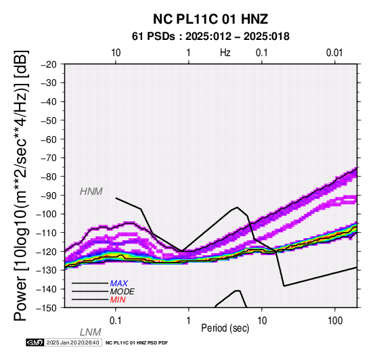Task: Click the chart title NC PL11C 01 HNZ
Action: pyautogui.click(x=211, y=19)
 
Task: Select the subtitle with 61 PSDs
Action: pyautogui.click(x=211, y=37)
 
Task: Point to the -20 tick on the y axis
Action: pyautogui.click(x=49, y=64)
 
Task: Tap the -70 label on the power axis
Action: pyautogui.click(x=49, y=158)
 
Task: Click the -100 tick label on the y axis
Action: pyautogui.click(x=47, y=214)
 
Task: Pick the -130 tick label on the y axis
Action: pyautogui.click(x=47, y=270)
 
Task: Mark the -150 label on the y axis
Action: pyautogui.click(x=47, y=308)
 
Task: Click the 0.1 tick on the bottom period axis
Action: pyautogui.click(x=115, y=321)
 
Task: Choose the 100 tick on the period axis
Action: pyautogui.click(x=335, y=321)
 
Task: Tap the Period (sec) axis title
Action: pyautogui.click(x=225, y=328)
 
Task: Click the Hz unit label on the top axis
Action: pyautogui.click(x=225, y=53)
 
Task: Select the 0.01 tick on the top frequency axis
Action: pyautogui.click(x=334, y=53)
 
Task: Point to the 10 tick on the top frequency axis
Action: pyautogui.click(x=116, y=53)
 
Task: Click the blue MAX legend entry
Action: pyautogui.click(x=118, y=284)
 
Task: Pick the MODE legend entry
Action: pyautogui.click(x=122, y=292)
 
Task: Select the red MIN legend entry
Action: pyautogui.click(x=118, y=300)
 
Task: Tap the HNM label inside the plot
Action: pyautogui.click(x=91, y=192)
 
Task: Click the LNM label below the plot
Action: pyautogui.click(x=91, y=332)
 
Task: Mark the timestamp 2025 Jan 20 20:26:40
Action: pyautogui.click(x=72, y=342)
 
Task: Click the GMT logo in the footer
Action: pyautogui.click(x=35, y=342)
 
